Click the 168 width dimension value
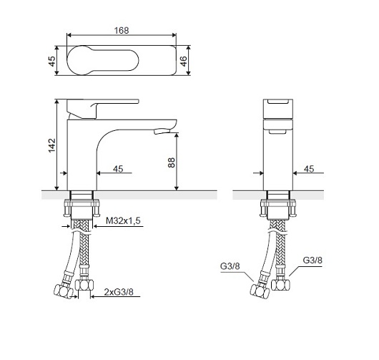(122, 31)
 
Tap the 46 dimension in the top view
(184, 61)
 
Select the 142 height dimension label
(51, 145)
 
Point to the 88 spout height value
(171, 162)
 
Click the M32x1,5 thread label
(123, 220)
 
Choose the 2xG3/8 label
(119, 292)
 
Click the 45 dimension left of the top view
(51, 61)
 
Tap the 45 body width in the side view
(118, 169)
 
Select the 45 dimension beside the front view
(309, 169)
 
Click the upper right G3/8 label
(312, 261)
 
